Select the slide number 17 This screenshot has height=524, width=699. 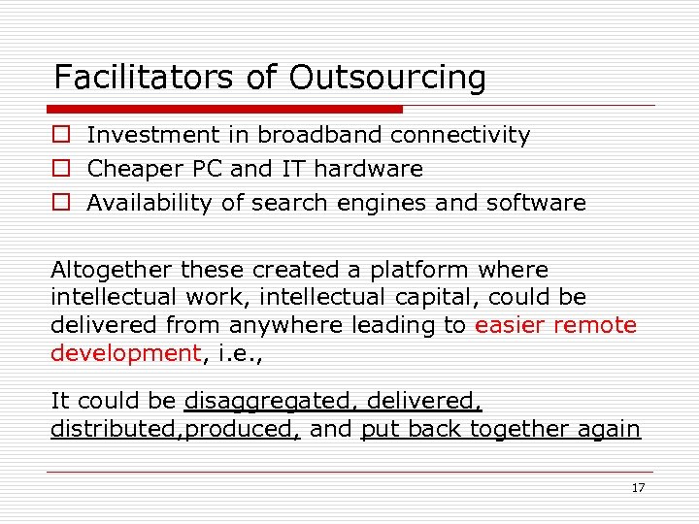638,488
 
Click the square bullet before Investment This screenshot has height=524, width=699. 60,136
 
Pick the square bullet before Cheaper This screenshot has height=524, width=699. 60,170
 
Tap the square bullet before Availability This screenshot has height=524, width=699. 60,204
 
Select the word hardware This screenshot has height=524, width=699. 368,169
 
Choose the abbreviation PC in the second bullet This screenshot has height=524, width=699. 209,169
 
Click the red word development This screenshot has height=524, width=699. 125,353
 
